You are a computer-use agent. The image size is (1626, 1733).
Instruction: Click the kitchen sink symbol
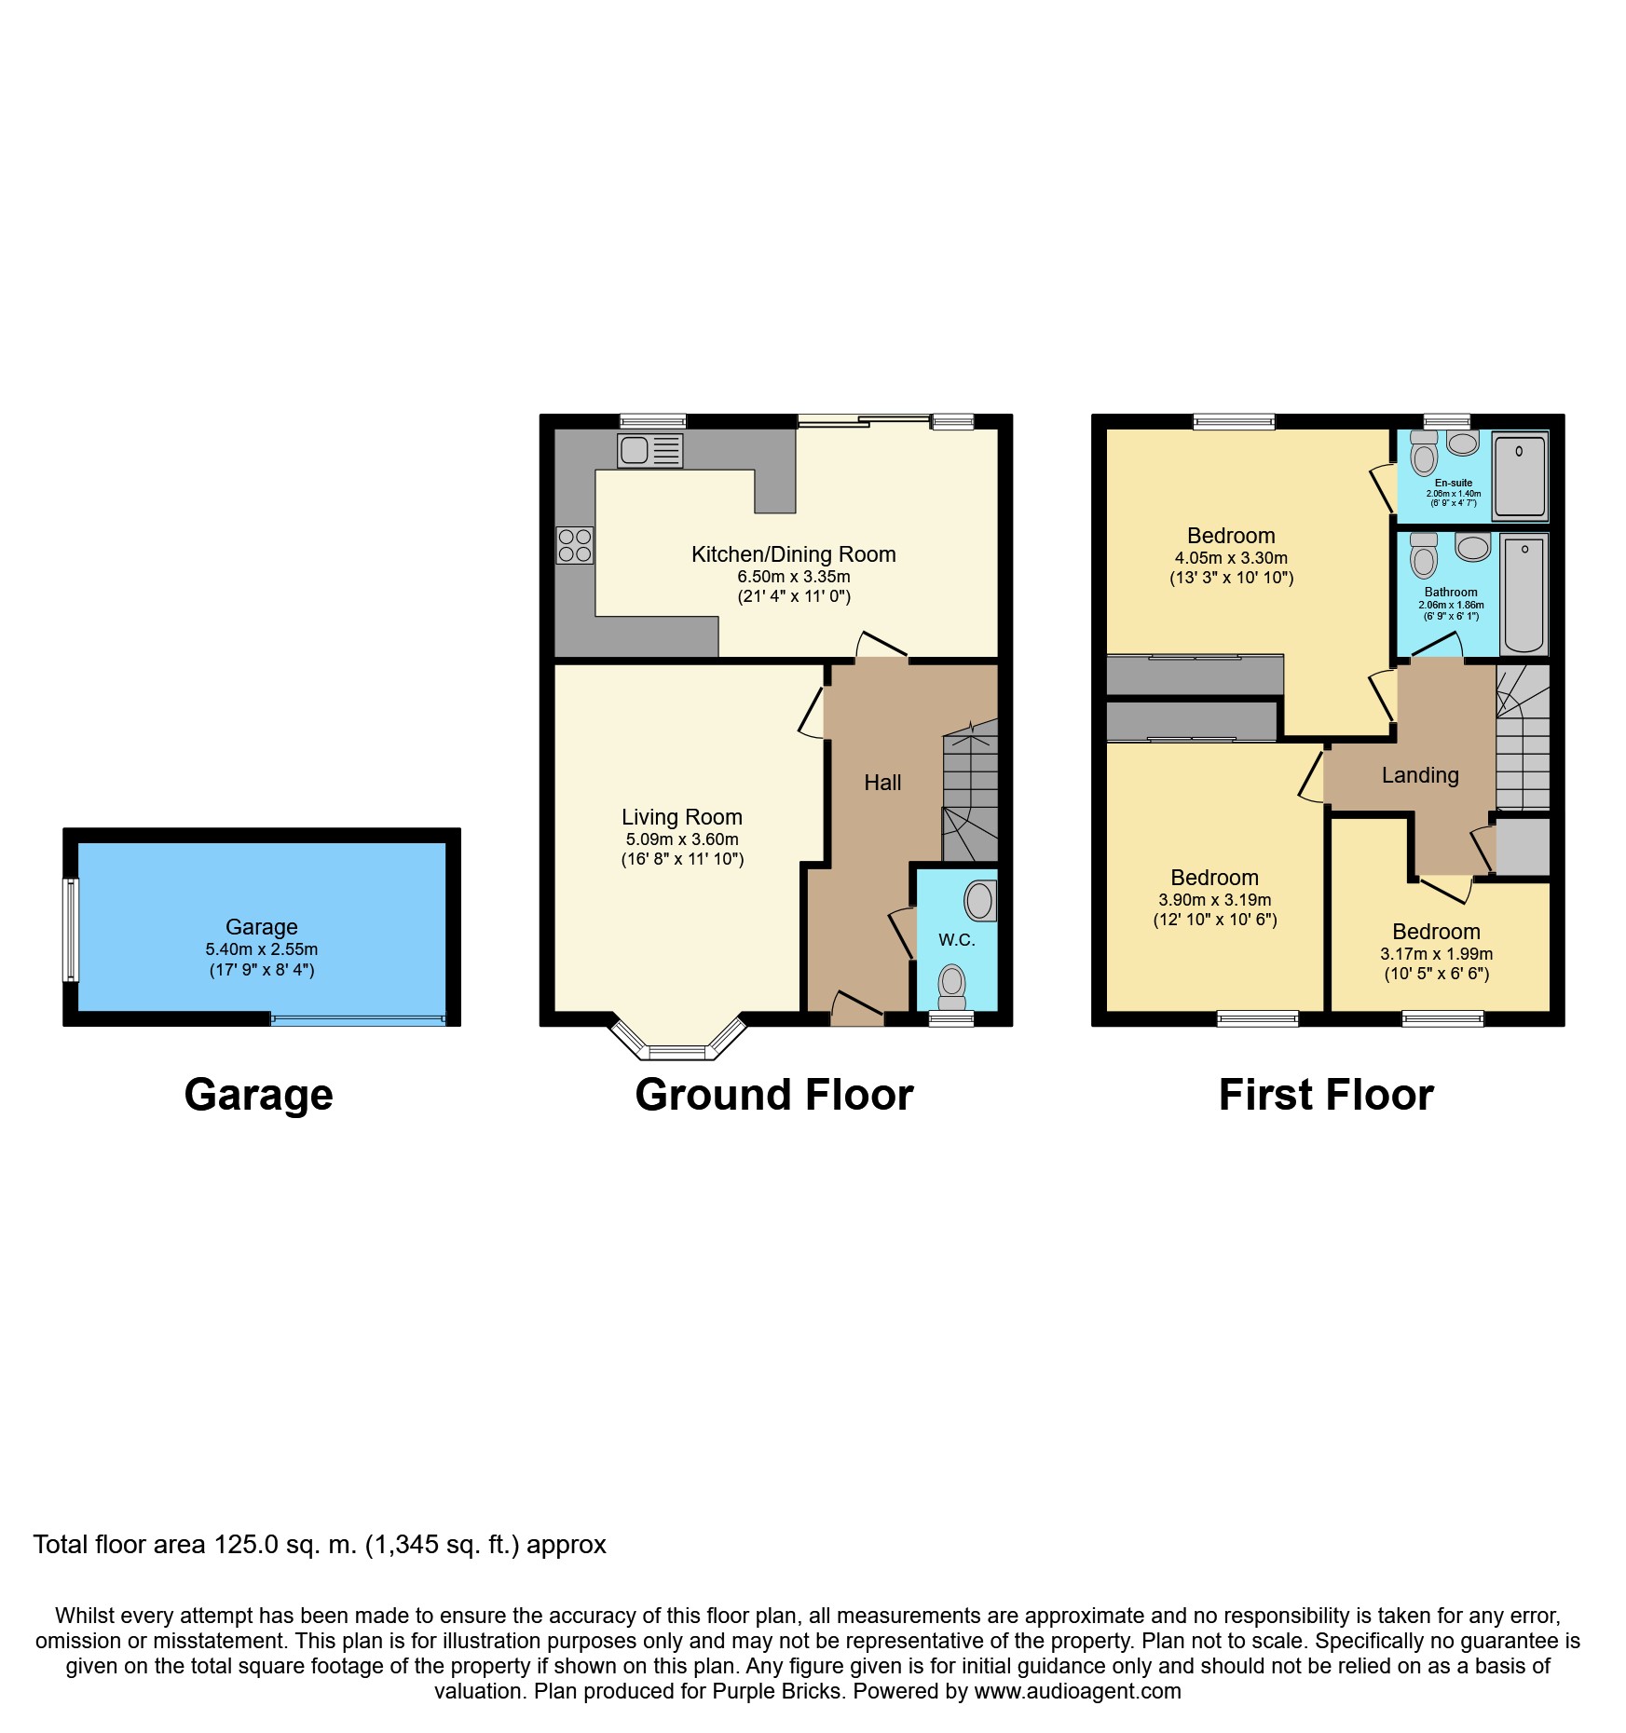coord(649,451)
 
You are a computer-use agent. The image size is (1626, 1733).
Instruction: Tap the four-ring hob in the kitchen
coord(574,545)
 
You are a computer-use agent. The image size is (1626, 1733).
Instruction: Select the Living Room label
coord(682,817)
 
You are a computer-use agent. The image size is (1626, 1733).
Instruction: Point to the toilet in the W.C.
coord(951,986)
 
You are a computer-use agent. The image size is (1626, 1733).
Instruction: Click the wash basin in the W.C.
coord(979,900)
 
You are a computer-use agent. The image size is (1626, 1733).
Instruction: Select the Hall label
coord(882,783)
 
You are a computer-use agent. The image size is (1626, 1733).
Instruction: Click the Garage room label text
coord(262,927)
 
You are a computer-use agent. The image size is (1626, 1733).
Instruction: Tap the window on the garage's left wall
coord(71,929)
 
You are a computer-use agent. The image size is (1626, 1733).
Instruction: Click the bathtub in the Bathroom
coord(1524,594)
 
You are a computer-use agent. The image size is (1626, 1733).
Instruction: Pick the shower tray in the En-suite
coord(1520,475)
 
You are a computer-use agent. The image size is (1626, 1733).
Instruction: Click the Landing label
coord(1420,775)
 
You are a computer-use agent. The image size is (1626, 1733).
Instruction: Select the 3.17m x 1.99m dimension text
coord(1436,954)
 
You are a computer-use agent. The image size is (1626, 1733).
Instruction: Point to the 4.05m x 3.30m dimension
coord(1231,558)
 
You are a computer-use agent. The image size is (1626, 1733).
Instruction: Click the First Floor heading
coord(1326,1095)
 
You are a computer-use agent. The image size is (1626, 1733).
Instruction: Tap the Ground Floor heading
coord(774,1095)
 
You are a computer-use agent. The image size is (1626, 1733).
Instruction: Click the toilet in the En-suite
coord(1423,454)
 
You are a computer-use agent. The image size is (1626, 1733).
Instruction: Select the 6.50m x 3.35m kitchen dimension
coord(794,577)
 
